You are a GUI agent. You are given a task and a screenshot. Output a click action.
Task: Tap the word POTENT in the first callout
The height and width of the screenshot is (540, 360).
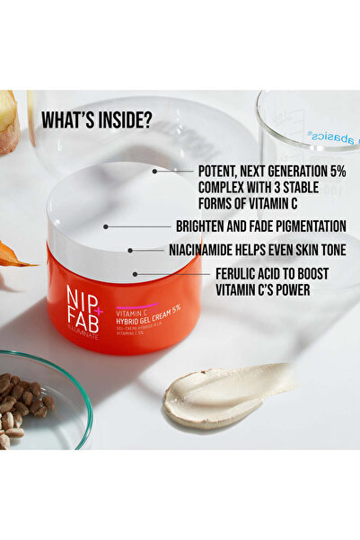[223, 169]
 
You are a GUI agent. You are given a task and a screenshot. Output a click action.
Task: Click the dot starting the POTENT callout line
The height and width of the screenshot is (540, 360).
[154, 170]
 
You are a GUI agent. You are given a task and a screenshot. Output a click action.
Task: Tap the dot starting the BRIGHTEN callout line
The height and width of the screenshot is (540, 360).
[106, 226]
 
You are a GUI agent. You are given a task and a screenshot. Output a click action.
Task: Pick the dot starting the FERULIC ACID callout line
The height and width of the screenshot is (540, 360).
[135, 273]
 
